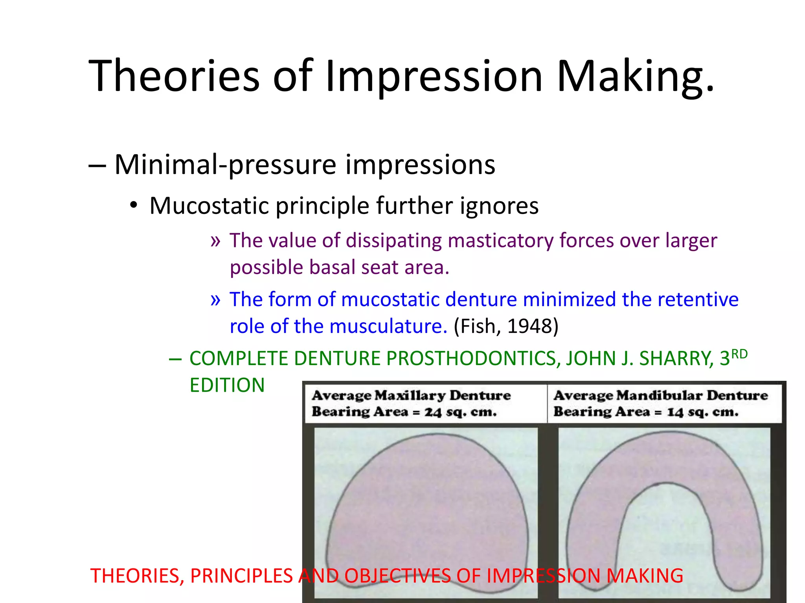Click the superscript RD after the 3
(x=739, y=354)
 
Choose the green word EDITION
(x=227, y=385)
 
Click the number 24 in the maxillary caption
(x=433, y=412)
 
